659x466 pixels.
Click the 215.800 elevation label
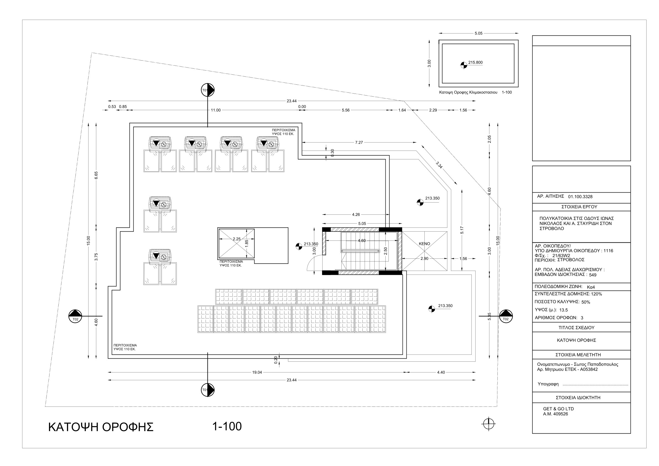(x=475, y=62)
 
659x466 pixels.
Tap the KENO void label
(x=424, y=244)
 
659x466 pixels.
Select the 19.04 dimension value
(x=257, y=372)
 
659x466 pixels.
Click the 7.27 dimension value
(x=359, y=143)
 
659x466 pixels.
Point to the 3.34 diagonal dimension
(x=439, y=165)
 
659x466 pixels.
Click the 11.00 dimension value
(x=216, y=110)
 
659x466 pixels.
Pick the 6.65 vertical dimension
(x=97, y=175)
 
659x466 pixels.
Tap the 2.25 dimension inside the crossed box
(x=237, y=239)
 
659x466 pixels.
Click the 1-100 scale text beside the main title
(x=227, y=426)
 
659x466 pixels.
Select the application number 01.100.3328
(x=580, y=197)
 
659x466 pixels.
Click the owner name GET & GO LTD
(x=558, y=409)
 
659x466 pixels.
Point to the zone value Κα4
(x=591, y=287)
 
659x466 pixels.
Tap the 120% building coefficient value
(x=596, y=294)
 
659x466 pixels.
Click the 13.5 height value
(x=564, y=310)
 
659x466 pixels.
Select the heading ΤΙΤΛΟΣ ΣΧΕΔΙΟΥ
(x=576, y=328)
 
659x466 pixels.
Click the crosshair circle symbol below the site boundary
(x=489, y=424)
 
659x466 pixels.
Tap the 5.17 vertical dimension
(x=462, y=230)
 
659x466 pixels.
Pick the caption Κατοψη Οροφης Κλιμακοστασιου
(x=468, y=92)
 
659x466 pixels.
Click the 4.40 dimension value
(x=441, y=372)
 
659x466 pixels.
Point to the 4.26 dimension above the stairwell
(x=356, y=214)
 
